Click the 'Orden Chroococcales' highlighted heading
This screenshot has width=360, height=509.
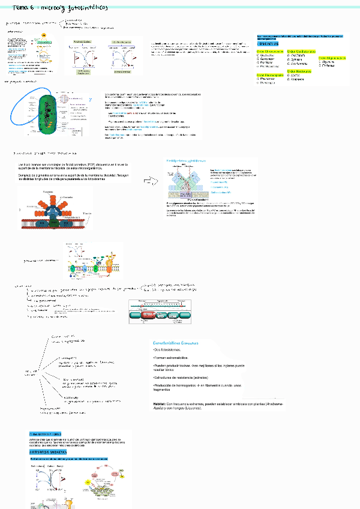click(269, 52)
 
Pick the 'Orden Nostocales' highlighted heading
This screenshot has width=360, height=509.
click(298, 71)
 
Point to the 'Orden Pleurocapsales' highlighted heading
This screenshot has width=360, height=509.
click(269, 75)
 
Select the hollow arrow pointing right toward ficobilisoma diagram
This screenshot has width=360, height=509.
click(149, 179)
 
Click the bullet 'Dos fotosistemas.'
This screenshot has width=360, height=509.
click(169, 350)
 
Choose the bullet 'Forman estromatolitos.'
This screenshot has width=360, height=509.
click(172, 358)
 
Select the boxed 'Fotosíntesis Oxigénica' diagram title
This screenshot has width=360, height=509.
click(86, 41)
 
